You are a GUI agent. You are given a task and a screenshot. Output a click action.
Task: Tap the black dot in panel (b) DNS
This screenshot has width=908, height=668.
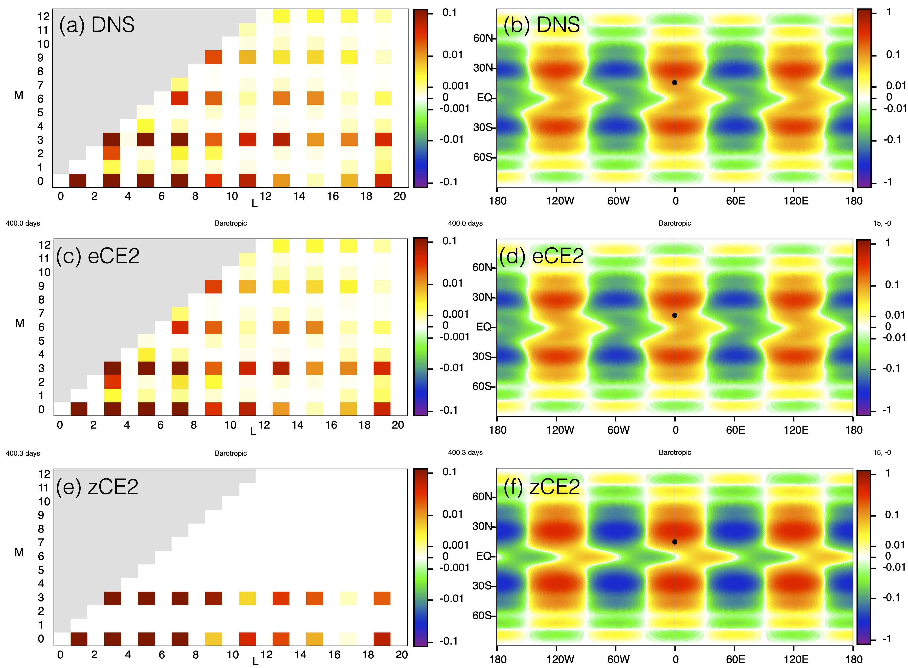tap(674, 83)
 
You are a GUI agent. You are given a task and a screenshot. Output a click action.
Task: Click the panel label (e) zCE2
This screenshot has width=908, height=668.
tap(97, 486)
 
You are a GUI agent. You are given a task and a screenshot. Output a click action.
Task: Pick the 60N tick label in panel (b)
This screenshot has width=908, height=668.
tap(483, 38)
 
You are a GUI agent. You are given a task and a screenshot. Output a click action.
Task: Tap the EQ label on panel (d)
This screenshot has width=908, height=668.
tap(484, 327)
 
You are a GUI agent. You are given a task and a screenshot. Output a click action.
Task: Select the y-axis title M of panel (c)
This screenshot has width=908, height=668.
tap(19, 323)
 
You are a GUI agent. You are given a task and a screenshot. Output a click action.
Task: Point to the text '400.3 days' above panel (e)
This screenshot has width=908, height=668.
tap(23, 453)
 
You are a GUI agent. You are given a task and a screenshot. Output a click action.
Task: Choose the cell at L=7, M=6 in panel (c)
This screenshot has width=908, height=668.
tap(180, 327)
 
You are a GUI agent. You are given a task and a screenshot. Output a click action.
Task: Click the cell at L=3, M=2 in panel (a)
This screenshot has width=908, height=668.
tap(112, 153)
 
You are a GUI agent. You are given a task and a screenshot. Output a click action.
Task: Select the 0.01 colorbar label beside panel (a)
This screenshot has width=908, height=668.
tap(452, 55)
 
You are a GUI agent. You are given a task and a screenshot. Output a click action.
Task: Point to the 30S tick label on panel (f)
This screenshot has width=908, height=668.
tap(482, 586)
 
